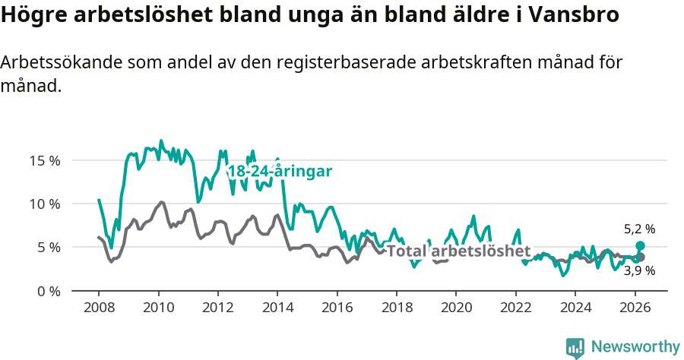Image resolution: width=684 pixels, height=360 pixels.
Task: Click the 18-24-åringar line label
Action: point(280,172)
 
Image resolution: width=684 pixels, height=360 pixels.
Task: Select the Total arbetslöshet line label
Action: point(458,251)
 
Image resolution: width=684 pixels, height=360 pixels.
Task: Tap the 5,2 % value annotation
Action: point(639,229)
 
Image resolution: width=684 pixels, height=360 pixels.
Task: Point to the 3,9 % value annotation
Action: point(639,270)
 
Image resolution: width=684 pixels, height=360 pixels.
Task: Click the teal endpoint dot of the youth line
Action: point(640,246)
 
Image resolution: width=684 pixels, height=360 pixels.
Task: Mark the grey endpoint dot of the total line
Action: point(640,257)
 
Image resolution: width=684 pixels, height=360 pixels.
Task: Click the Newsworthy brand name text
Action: point(635,347)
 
